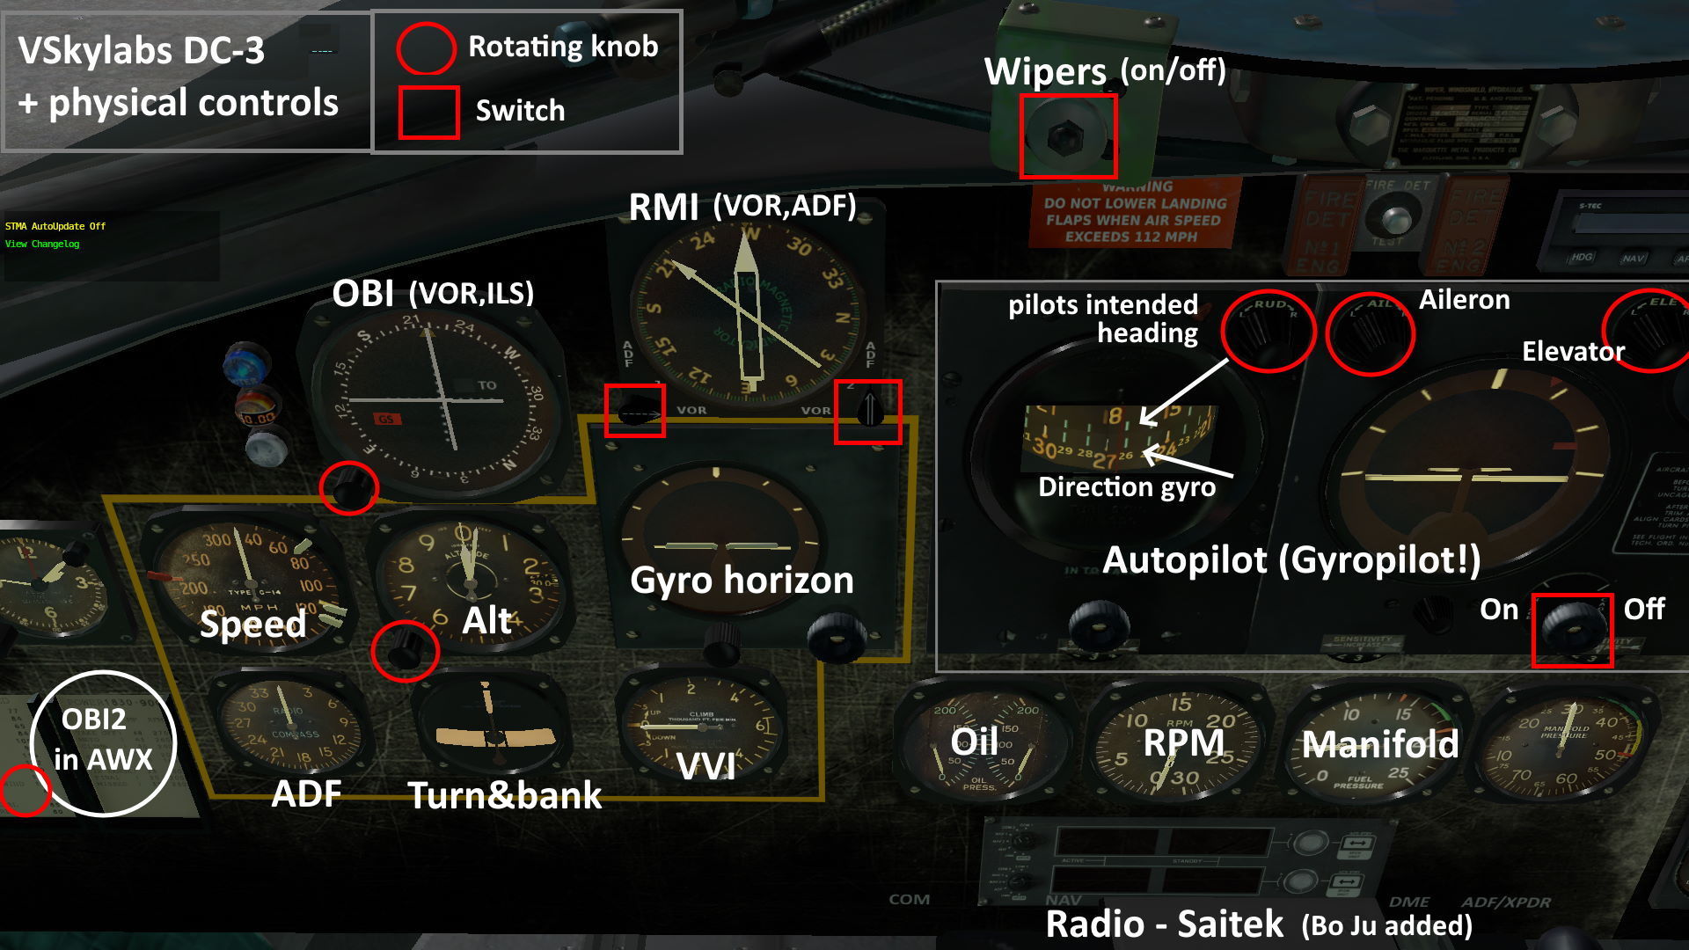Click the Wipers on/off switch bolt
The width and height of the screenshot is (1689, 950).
point(1066,136)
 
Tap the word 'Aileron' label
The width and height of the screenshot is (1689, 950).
point(1464,300)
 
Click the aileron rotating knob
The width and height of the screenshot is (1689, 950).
point(1370,332)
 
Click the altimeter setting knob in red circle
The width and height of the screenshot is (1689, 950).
point(405,650)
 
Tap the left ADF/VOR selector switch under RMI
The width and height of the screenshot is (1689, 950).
point(634,411)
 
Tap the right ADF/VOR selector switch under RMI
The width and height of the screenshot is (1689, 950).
point(868,410)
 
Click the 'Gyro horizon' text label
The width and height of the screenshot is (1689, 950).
point(742,581)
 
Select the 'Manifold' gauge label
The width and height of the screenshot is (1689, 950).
point(1379,744)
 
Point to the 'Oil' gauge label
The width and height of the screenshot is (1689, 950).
point(974,742)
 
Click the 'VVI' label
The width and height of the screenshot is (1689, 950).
point(706,767)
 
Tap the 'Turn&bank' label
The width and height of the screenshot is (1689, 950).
point(505,795)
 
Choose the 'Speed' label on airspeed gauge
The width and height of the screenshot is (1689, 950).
point(252,624)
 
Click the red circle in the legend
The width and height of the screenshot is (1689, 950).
point(426,47)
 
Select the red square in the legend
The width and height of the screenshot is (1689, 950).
point(428,112)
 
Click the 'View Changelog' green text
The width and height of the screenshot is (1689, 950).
point(42,245)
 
